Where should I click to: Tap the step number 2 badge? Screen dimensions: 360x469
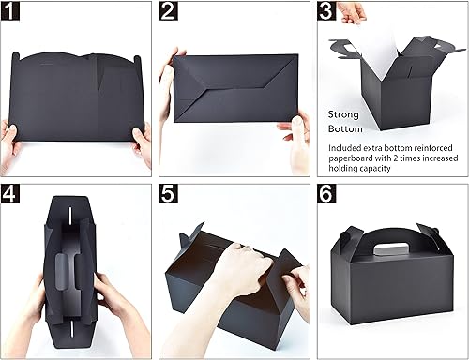[170, 12]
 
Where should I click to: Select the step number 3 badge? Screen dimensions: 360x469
[325, 12]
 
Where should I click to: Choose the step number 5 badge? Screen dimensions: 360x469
[170, 195]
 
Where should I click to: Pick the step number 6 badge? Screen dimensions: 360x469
[325, 195]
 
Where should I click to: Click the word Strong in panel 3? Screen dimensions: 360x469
[343, 112]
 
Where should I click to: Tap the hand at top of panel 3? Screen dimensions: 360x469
[352, 11]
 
